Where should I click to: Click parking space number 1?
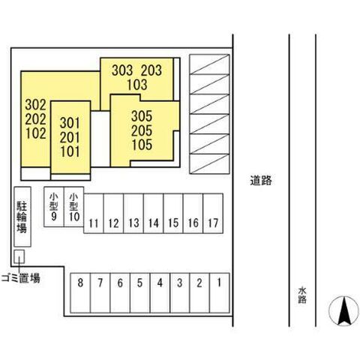tap(220, 293)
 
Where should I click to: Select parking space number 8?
tap(80, 293)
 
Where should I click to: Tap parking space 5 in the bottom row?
tap(140, 293)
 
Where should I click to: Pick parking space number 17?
tap(213, 213)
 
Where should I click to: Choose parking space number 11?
tap(94, 213)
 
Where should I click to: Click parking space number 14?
tap(153, 213)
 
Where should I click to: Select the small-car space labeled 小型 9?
tap(54, 207)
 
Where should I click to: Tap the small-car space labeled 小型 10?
tap(73, 207)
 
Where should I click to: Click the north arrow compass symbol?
tap(343, 310)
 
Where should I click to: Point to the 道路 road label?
tap(261, 180)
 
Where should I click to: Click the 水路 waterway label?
tap(302, 295)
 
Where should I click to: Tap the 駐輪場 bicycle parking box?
tap(22, 217)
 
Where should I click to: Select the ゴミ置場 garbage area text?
tap(20, 277)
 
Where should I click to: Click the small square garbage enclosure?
tap(19, 256)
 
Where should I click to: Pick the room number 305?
tap(142, 116)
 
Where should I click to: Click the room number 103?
tap(137, 85)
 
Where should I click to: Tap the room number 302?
tap(36, 105)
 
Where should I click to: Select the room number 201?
tap(70, 137)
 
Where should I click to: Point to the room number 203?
tap(151, 70)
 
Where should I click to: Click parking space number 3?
tap(180, 293)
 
